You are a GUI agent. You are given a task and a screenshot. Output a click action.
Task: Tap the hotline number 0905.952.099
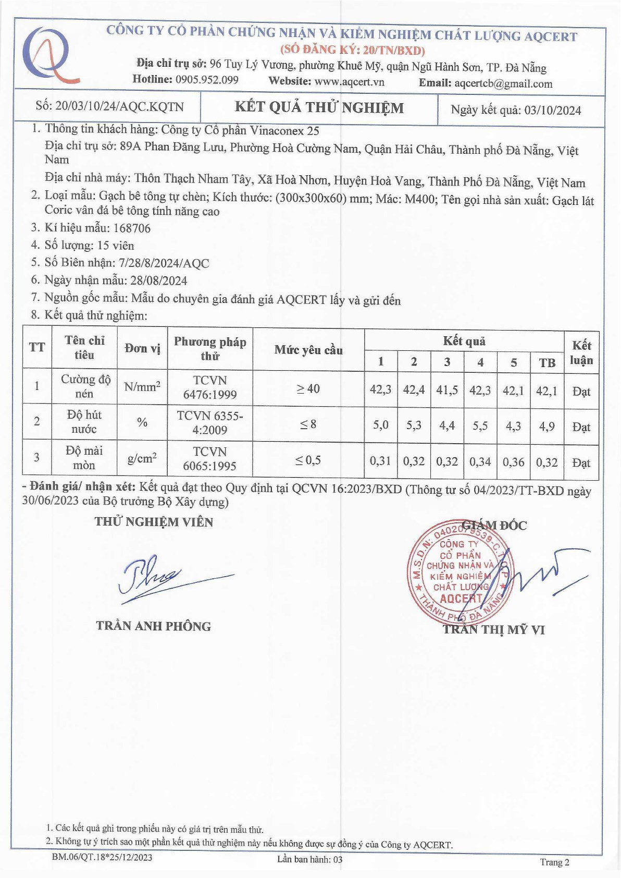(207, 80)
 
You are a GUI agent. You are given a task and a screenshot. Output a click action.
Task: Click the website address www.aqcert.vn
(349, 81)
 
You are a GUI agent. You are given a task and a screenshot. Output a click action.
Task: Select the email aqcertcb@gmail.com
(503, 83)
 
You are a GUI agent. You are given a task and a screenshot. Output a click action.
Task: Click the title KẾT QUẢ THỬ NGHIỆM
(319, 108)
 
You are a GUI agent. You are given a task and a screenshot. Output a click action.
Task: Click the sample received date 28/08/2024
(159, 281)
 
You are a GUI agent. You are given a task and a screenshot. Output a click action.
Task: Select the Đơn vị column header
(142, 348)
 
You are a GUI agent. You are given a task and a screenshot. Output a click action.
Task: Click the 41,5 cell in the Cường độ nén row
(447, 389)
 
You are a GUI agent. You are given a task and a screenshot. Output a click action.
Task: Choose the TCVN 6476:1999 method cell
(210, 387)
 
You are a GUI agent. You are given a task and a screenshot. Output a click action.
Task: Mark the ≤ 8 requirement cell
(308, 424)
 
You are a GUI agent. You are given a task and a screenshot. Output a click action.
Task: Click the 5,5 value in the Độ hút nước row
(480, 426)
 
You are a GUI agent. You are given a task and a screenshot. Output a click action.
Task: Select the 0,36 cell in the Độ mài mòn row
(513, 462)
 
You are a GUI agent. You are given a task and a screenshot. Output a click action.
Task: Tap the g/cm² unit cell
(142, 458)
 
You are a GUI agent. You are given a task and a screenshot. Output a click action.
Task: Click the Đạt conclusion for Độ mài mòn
(581, 462)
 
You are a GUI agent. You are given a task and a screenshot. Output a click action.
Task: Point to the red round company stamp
(458, 571)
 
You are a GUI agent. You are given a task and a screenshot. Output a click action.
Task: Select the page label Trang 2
(554, 862)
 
